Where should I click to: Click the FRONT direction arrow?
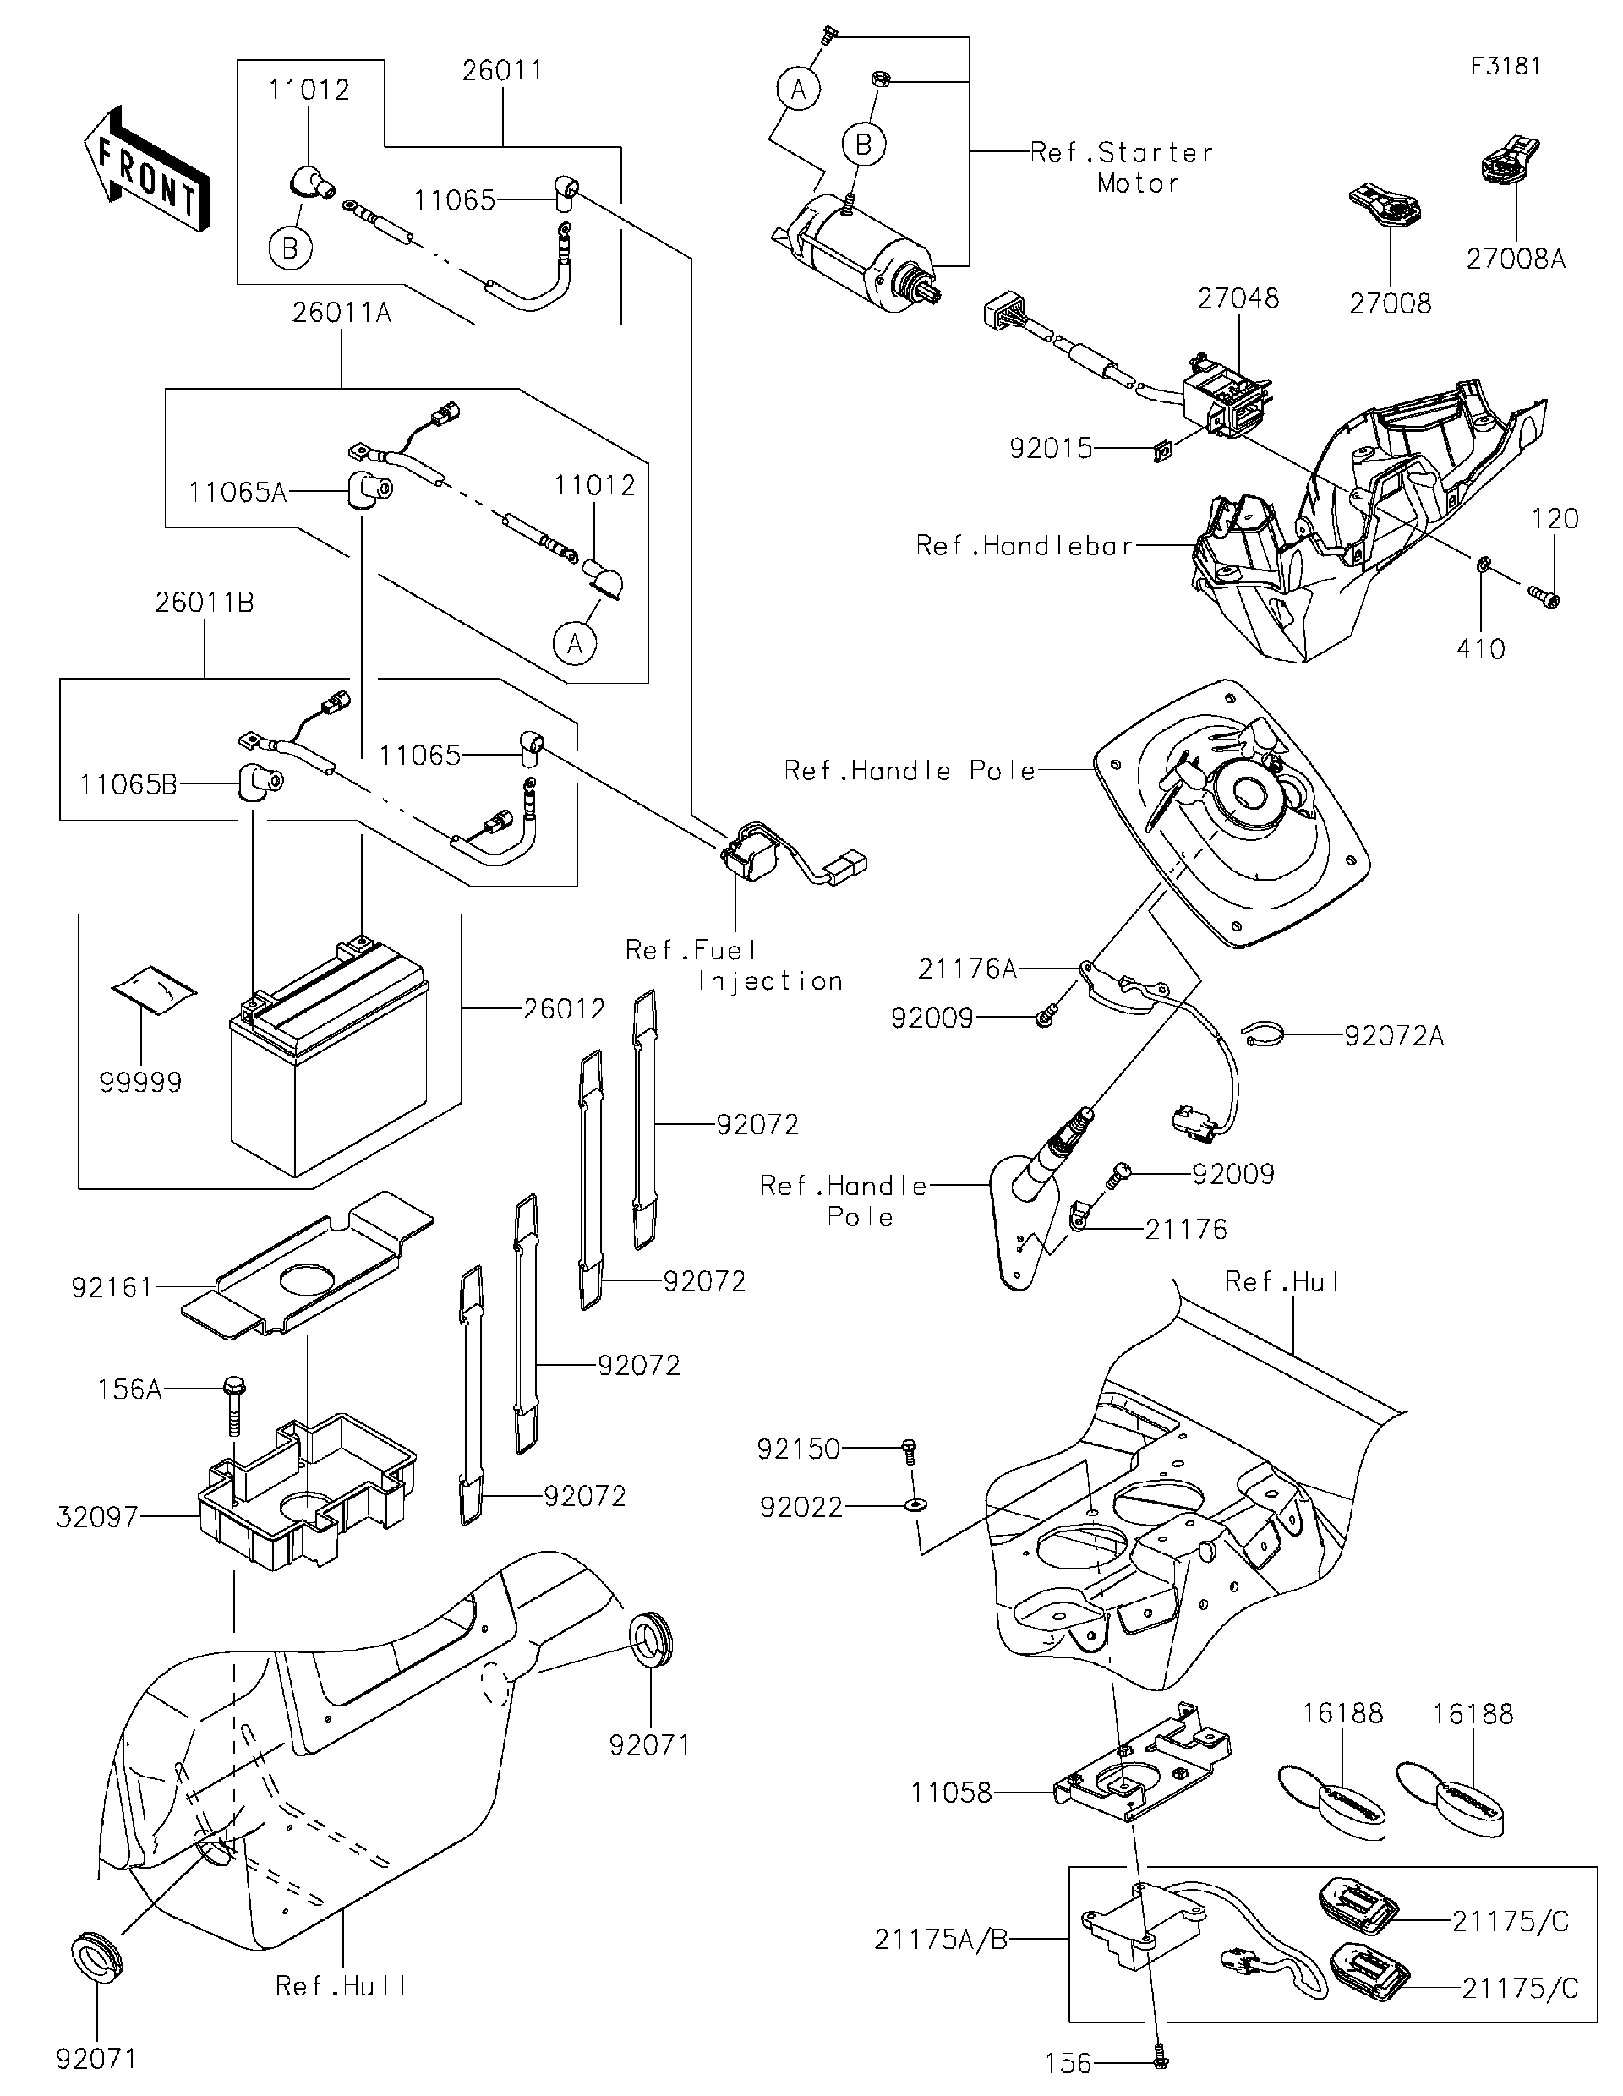coord(147,170)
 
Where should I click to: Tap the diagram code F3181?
coord(1505,66)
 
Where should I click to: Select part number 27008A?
coord(1515,259)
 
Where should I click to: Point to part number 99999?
coord(140,1083)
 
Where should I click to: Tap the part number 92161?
coord(112,1288)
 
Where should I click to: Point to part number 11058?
coord(950,1793)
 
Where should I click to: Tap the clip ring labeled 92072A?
coord(1261,1034)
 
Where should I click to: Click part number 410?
coord(1480,650)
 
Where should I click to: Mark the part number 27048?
coord(1238,298)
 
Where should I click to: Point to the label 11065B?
coord(128,785)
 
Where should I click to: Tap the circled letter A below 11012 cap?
coord(574,643)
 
